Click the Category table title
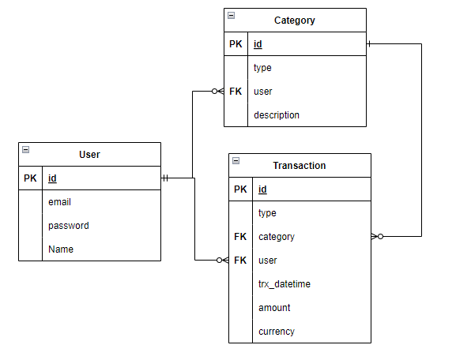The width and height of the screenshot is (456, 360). coord(294,21)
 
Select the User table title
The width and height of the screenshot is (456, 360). coord(89,155)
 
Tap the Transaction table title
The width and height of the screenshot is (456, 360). coord(299,166)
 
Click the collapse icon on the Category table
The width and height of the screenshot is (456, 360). coord(231,15)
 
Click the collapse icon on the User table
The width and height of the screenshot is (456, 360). coord(25,149)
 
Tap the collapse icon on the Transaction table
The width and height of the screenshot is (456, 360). coord(236,160)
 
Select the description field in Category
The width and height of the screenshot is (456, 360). coord(276,115)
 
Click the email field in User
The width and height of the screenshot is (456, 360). coord(59,202)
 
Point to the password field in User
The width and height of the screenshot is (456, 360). coord(68,226)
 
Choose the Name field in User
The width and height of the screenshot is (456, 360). coord(61,249)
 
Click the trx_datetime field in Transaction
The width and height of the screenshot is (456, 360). coord(284,284)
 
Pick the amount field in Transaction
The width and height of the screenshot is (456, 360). coord(274,308)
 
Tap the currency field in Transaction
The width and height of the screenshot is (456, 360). coord(276,332)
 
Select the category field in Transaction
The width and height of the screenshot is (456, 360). coord(277,237)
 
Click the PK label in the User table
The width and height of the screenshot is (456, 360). coord(30,178)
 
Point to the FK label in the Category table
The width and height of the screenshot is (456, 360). coord(236,92)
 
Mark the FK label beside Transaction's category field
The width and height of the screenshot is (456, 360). coord(240,237)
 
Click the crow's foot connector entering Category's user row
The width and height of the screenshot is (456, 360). coord(217,92)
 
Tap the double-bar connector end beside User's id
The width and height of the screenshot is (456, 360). coord(165,178)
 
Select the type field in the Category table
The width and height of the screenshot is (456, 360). coord(262,68)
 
